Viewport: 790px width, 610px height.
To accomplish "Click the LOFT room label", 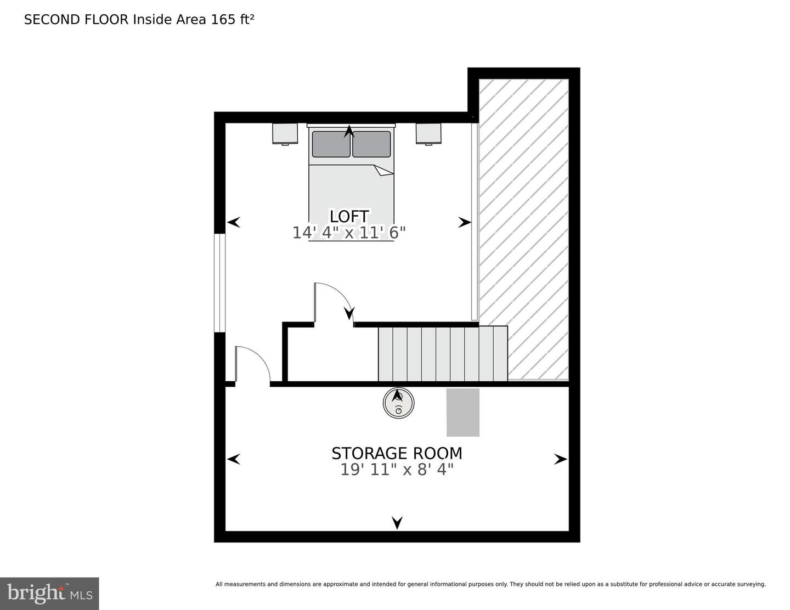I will [x=349, y=216].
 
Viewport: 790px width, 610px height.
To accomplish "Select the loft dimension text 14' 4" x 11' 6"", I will [x=349, y=233].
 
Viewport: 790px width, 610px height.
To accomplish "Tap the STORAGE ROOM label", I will [x=397, y=453].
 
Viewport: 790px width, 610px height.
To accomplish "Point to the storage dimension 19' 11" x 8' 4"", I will [x=397, y=470].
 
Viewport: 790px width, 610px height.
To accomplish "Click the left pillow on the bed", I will [x=331, y=144].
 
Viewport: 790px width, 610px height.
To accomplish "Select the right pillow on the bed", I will [x=371, y=144].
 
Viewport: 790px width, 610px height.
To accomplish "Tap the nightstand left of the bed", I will [x=285, y=133].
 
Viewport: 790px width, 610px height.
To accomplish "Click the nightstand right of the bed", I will [x=428, y=133].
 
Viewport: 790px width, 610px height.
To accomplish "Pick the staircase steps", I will [x=442, y=354].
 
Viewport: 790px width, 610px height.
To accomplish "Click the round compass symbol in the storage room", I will [x=398, y=403].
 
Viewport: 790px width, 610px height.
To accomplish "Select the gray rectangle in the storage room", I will [x=463, y=413].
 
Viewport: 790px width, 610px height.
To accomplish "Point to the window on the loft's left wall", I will [x=219, y=283].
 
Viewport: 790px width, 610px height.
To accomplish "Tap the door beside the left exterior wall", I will [x=252, y=364].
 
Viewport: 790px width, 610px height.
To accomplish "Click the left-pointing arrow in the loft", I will [x=234, y=222].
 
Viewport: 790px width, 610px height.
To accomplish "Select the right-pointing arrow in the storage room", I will [x=560, y=459].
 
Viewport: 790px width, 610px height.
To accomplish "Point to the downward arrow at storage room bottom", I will [x=397, y=523].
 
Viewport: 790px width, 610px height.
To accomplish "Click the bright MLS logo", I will [x=49, y=594].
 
